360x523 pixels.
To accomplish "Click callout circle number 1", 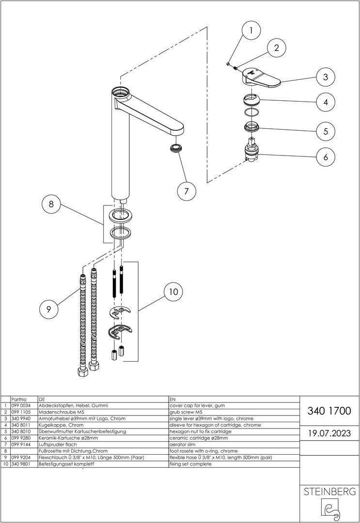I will pos(250,32).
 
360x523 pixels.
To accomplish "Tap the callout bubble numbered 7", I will pos(186,191).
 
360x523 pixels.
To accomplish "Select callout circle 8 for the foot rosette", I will pos(51,205).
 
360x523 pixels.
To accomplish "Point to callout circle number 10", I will pos(173,292).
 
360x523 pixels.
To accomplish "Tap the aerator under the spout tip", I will pos(176,148).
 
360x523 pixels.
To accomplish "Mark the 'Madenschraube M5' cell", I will pos(60,412).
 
